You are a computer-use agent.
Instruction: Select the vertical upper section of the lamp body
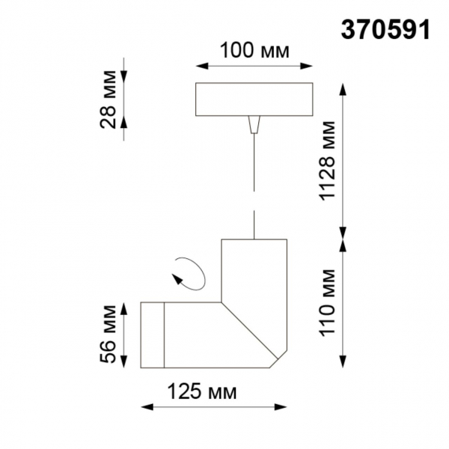point(254,269)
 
